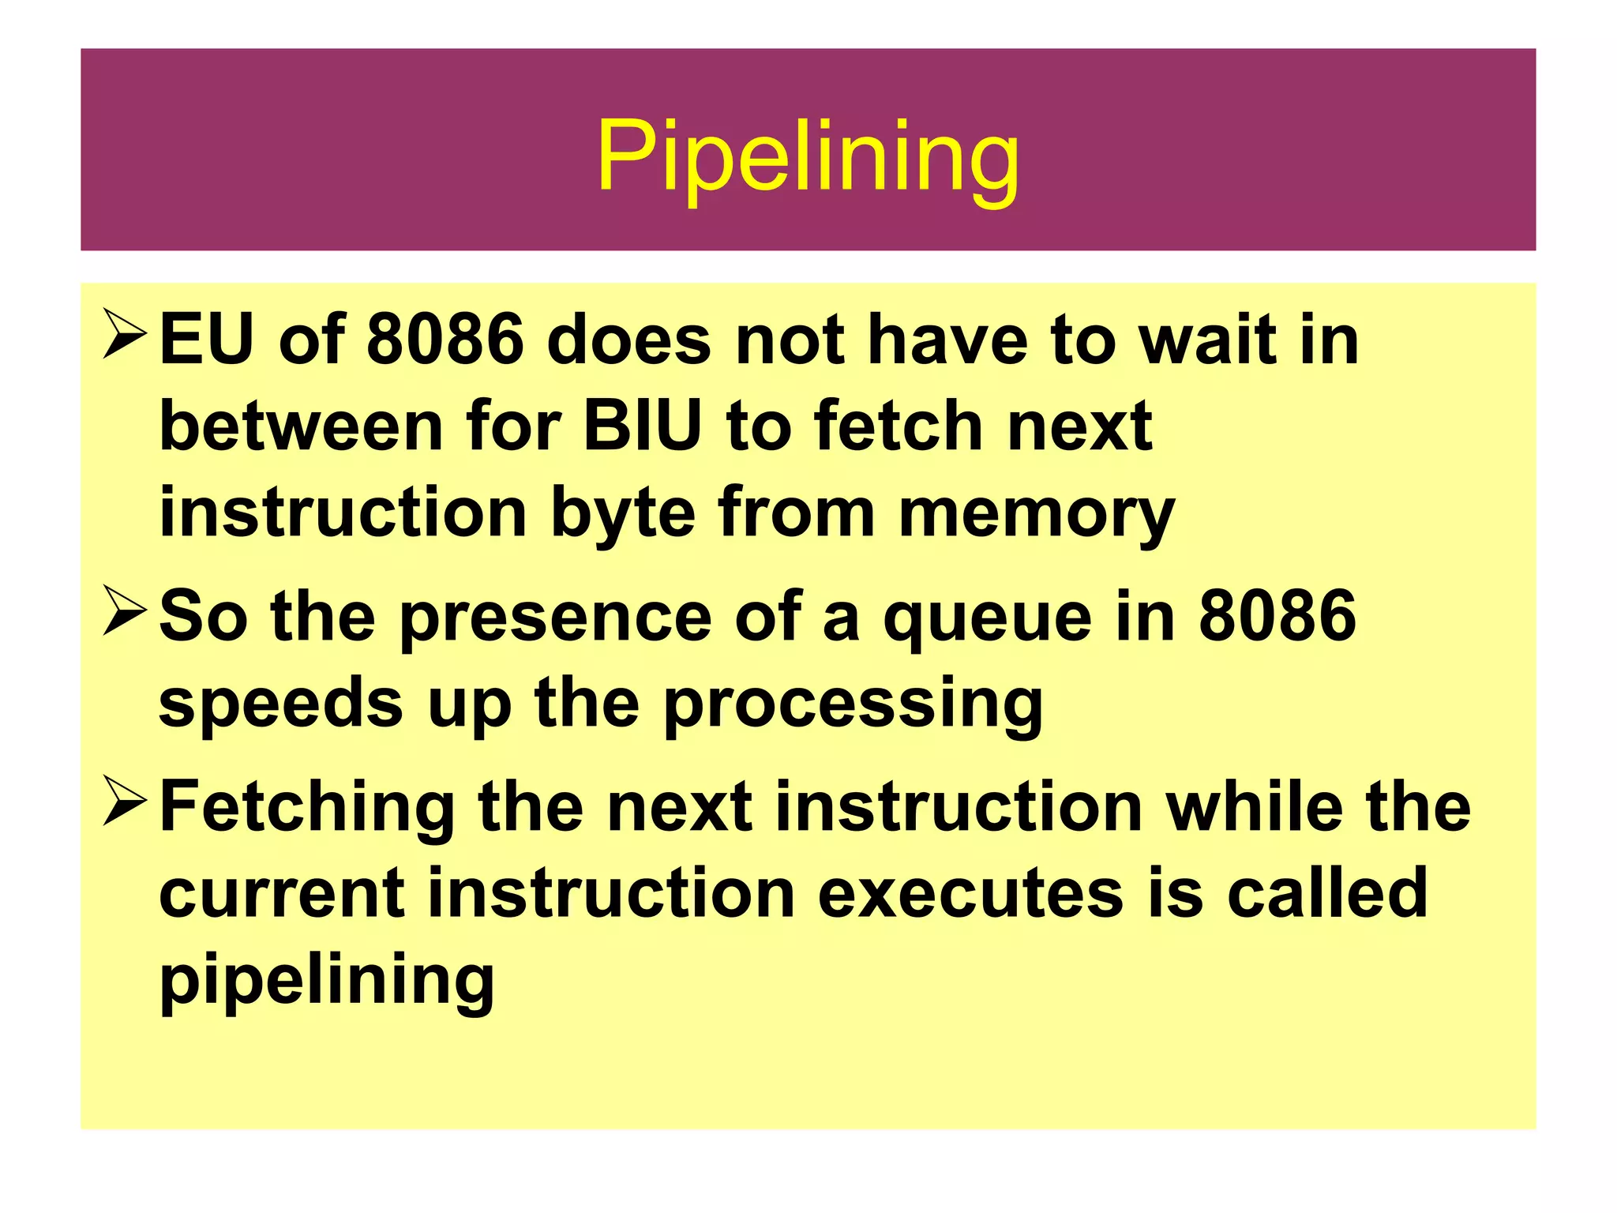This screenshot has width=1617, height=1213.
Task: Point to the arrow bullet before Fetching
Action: point(125,802)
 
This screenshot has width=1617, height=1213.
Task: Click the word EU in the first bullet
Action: point(207,340)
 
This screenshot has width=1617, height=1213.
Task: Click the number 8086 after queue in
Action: point(1277,616)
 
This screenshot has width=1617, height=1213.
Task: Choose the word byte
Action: point(623,515)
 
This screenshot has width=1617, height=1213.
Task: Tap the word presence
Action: point(556,616)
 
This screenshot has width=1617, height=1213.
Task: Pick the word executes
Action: point(970,893)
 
